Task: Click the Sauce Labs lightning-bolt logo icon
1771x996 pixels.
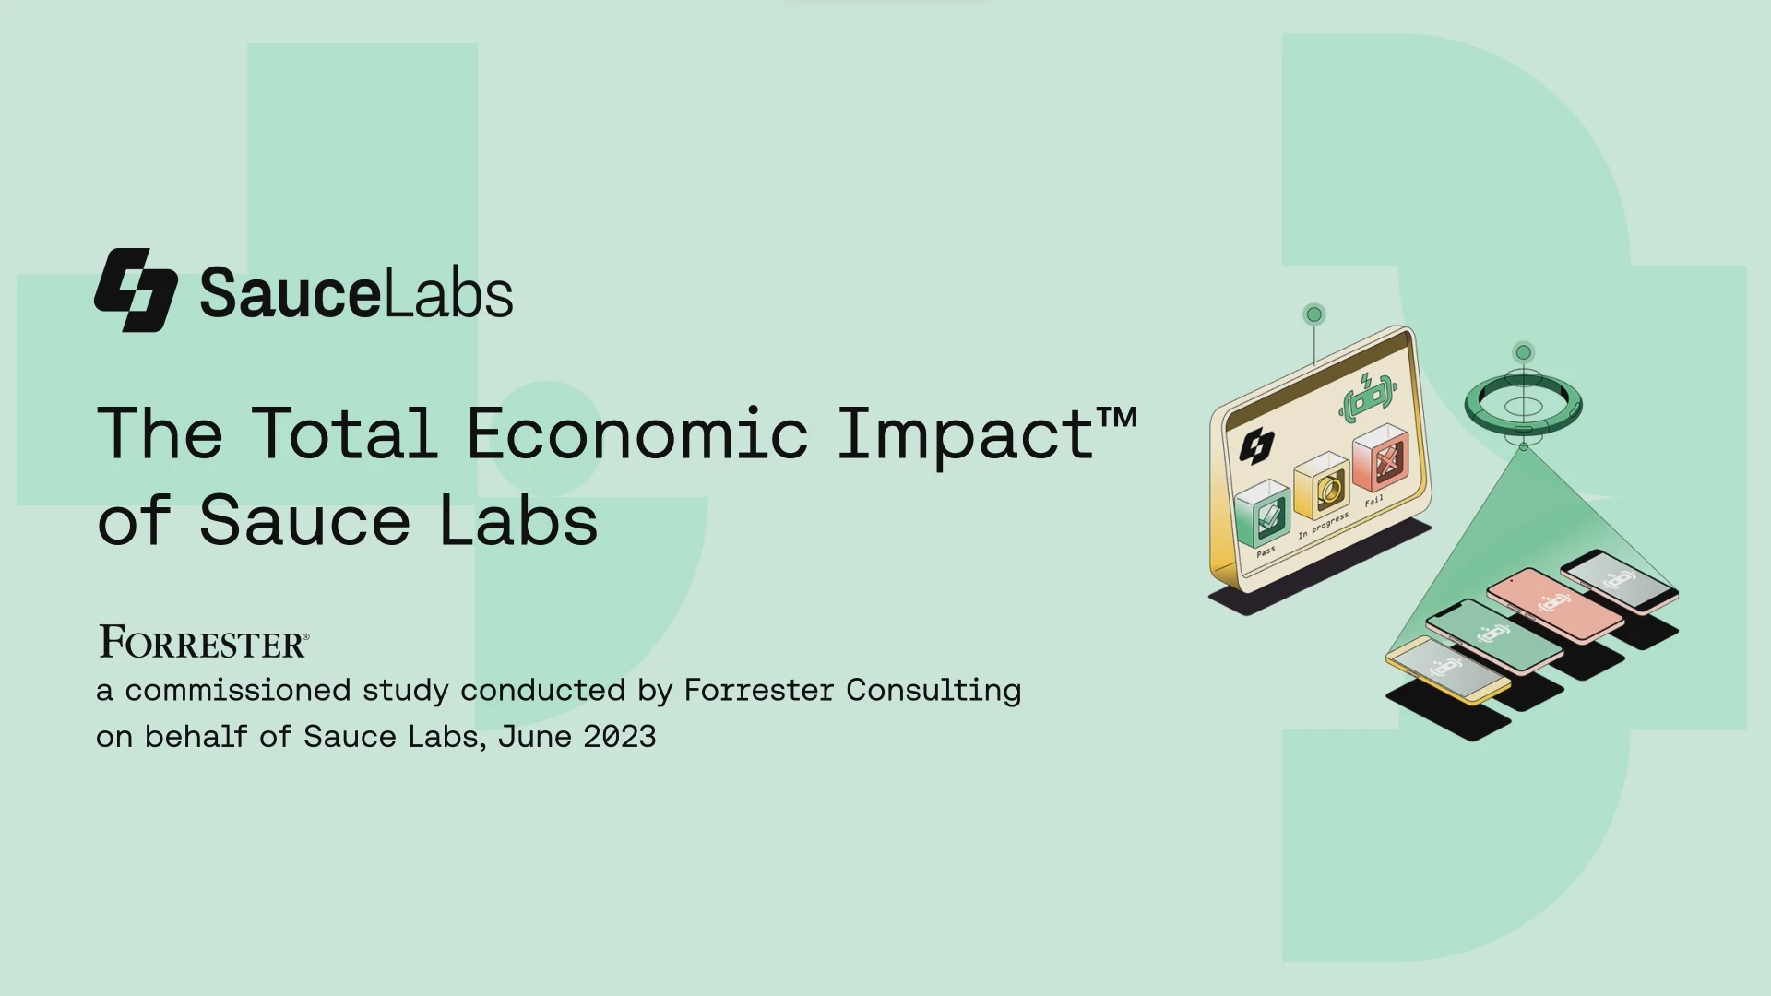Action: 136,290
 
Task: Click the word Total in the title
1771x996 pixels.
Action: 345,433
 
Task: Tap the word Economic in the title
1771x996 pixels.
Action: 637,433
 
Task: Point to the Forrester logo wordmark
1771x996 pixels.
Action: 204,642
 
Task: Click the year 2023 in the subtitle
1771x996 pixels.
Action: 619,737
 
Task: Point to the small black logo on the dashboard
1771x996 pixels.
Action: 1256,446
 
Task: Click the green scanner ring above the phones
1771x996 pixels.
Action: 1523,405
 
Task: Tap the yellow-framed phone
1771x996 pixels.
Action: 1447,670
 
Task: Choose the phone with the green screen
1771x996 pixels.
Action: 1494,634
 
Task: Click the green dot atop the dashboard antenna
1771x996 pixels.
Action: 1314,314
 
